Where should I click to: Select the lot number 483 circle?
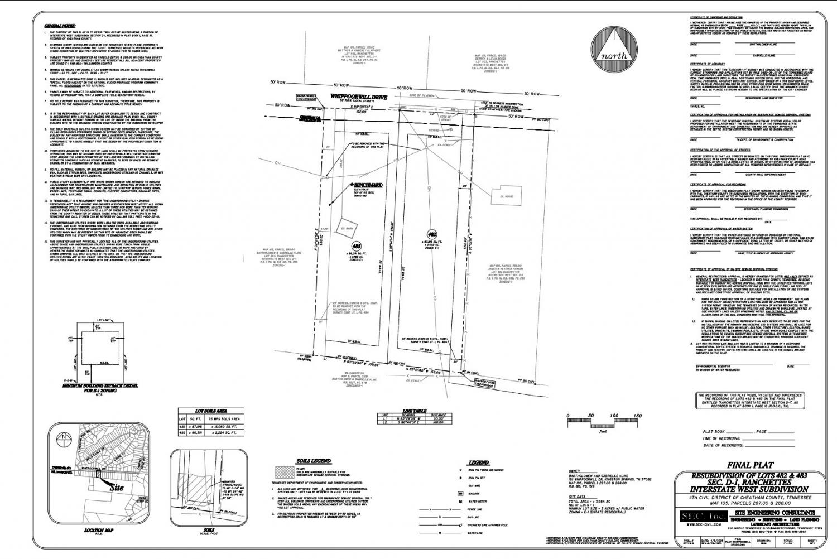[355, 245]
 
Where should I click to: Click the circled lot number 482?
[431, 235]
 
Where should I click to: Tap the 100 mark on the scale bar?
[614, 416]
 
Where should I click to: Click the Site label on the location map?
[116, 487]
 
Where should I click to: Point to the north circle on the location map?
[65, 436]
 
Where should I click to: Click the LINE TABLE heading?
[414, 411]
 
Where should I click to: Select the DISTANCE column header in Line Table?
[439, 415]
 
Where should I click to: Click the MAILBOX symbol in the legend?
[461, 493]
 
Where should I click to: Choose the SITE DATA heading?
[578, 496]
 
